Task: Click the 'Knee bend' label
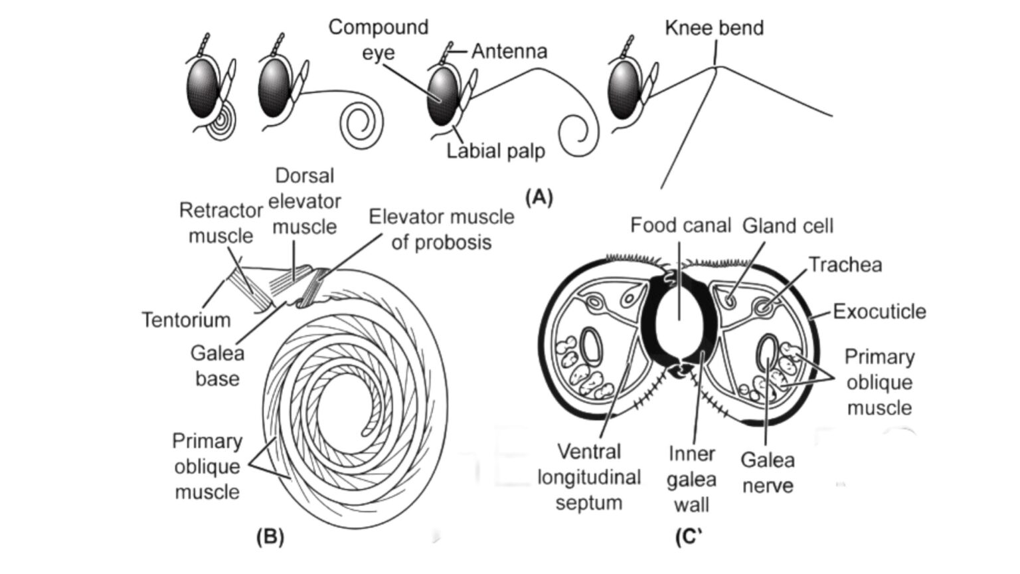(714, 28)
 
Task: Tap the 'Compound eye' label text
(379, 40)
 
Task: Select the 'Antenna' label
(509, 51)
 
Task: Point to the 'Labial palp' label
(495, 151)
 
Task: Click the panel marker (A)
(539, 197)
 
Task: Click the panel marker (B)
(270, 536)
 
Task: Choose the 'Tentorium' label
(186, 320)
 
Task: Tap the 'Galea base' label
(217, 365)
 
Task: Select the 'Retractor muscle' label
(220, 223)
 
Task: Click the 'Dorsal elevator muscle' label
(305, 201)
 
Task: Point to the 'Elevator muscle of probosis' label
(442, 229)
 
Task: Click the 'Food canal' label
(680, 225)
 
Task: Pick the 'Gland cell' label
(788, 226)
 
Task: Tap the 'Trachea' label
(845, 264)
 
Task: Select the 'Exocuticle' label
(879, 311)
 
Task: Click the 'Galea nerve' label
(767, 472)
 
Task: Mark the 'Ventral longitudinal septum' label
(588, 477)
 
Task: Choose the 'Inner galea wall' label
(691, 479)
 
